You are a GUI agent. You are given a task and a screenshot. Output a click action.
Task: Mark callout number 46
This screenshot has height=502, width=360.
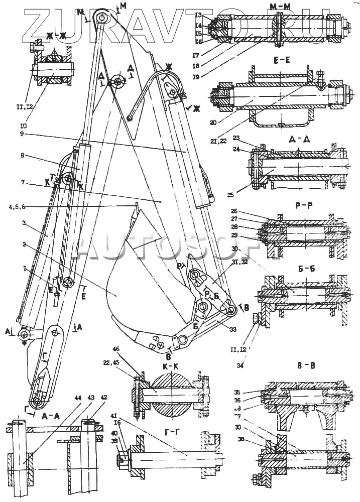click(x=117, y=362)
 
